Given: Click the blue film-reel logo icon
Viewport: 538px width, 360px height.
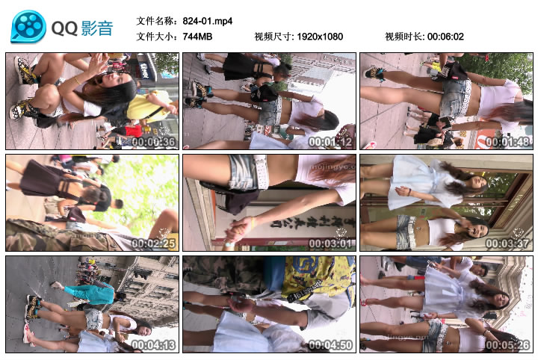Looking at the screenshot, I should [28, 26].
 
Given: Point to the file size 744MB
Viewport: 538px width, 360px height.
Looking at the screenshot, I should [198, 37].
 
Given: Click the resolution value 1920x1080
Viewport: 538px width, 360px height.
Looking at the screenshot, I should [321, 37].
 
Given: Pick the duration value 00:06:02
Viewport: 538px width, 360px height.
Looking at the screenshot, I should [446, 37].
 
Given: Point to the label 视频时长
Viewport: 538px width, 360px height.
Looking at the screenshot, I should [404, 37].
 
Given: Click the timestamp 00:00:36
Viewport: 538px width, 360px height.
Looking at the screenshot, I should [153, 142].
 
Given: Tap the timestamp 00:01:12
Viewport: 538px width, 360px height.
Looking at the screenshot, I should [330, 142].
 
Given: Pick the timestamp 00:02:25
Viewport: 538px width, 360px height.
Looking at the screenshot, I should [153, 243].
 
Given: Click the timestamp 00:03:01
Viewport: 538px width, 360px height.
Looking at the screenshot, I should [330, 243].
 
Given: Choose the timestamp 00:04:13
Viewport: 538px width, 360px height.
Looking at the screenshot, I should [153, 345].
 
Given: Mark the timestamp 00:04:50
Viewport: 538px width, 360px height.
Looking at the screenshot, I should [330, 345].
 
